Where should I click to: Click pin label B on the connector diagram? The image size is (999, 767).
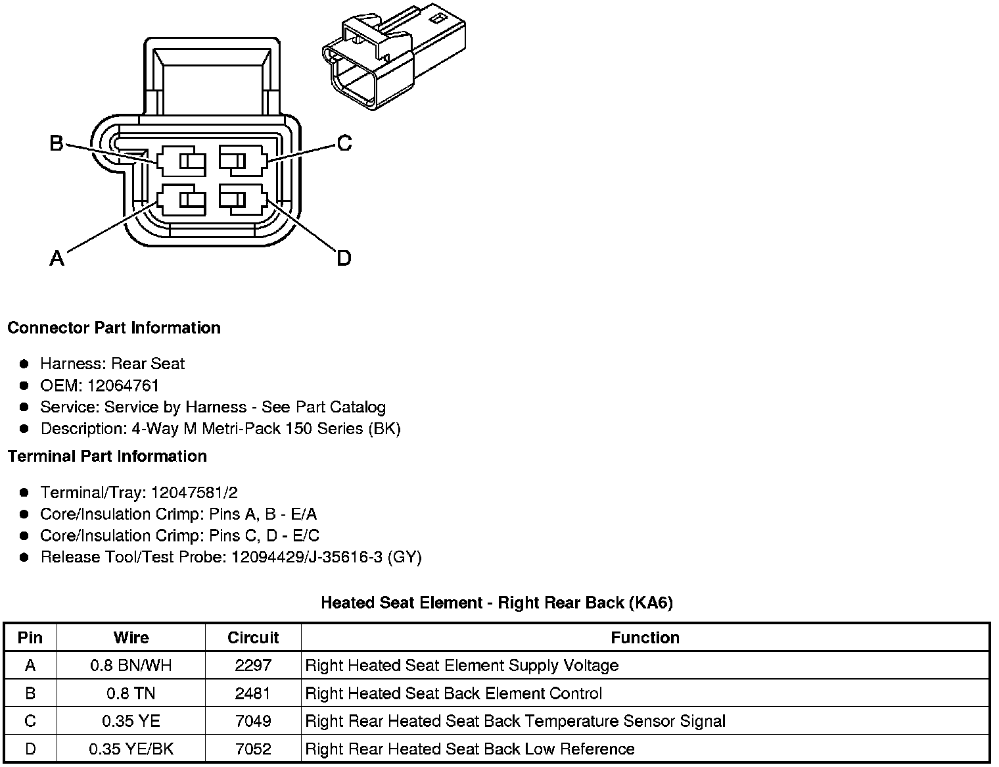click(57, 143)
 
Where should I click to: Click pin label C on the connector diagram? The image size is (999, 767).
click(344, 143)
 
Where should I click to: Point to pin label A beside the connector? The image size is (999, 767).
click(57, 259)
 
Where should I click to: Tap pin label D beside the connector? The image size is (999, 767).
click(344, 259)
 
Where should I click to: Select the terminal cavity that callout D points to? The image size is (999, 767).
click(243, 199)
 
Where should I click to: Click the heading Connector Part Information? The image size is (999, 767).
click(114, 328)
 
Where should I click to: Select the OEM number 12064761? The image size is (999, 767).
click(123, 385)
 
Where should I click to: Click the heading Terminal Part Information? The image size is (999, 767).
click(107, 456)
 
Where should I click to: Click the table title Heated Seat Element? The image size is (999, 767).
click(496, 603)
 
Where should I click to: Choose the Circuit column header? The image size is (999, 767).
click(253, 637)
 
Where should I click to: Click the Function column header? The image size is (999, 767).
click(645, 637)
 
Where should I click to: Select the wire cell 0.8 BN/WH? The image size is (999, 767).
click(131, 666)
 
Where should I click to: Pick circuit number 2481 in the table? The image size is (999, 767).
click(253, 693)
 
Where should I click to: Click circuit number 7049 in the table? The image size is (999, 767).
click(253, 722)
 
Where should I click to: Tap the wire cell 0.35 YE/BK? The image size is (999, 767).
click(131, 749)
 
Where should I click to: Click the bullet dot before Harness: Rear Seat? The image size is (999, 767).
click(24, 364)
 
